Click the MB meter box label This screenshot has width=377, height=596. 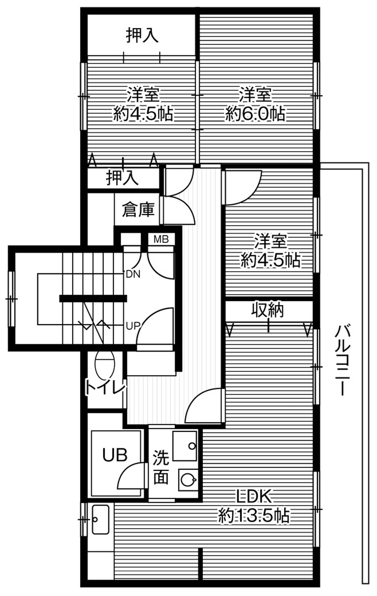click(x=161, y=239)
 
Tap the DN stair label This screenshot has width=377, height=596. click(x=133, y=274)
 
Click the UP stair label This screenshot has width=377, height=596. click(x=132, y=326)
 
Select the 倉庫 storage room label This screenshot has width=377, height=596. click(x=138, y=210)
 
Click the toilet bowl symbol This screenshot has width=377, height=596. click(x=104, y=365)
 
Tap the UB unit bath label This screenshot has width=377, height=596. click(x=115, y=455)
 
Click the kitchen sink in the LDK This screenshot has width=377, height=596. click(x=100, y=520)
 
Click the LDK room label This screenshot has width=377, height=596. click(x=254, y=497)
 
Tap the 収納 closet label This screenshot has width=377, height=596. click(x=268, y=310)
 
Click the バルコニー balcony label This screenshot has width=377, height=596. click(x=342, y=360)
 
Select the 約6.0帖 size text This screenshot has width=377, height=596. click(x=255, y=113)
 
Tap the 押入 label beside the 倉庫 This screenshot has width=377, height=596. click(x=122, y=178)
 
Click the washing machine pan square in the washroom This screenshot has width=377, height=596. click(x=185, y=446)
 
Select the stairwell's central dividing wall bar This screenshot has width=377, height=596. click(x=93, y=298)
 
